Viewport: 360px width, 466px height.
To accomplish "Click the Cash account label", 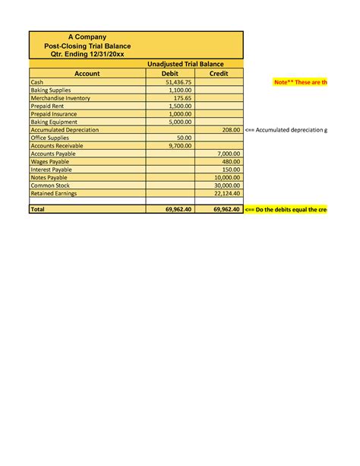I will pyautogui.click(x=36, y=82).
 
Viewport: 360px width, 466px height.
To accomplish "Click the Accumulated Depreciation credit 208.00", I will pyautogui.click(x=231, y=130).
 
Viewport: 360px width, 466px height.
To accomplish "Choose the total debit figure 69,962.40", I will pyautogui.click(x=178, y=209).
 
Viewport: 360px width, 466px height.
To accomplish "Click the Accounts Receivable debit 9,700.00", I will pyautogui.click(x=180, y=145).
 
